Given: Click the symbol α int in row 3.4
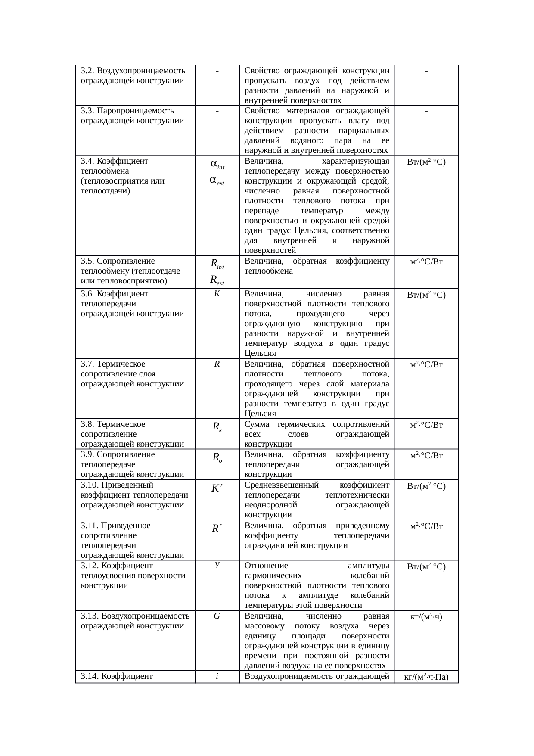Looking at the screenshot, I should [x=217, y=165].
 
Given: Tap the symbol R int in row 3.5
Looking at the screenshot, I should [x=217, y=264].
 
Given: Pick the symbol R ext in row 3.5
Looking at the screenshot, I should [x=217, y=280].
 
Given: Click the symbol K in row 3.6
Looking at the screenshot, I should [x=217, y=294].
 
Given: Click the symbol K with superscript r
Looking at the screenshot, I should [x=217, y=488].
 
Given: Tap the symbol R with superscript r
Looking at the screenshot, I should [x=217, y=528].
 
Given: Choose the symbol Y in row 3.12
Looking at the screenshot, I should [x=217, y=566].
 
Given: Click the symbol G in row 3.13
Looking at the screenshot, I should [x=217, y=616].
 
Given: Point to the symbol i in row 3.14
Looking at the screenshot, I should [x=217, y=676].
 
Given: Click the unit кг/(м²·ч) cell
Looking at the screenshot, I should [x=426, y=616].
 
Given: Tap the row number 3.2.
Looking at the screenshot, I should [x=87, y=71].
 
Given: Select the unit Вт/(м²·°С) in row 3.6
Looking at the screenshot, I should [x=426, y=295].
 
